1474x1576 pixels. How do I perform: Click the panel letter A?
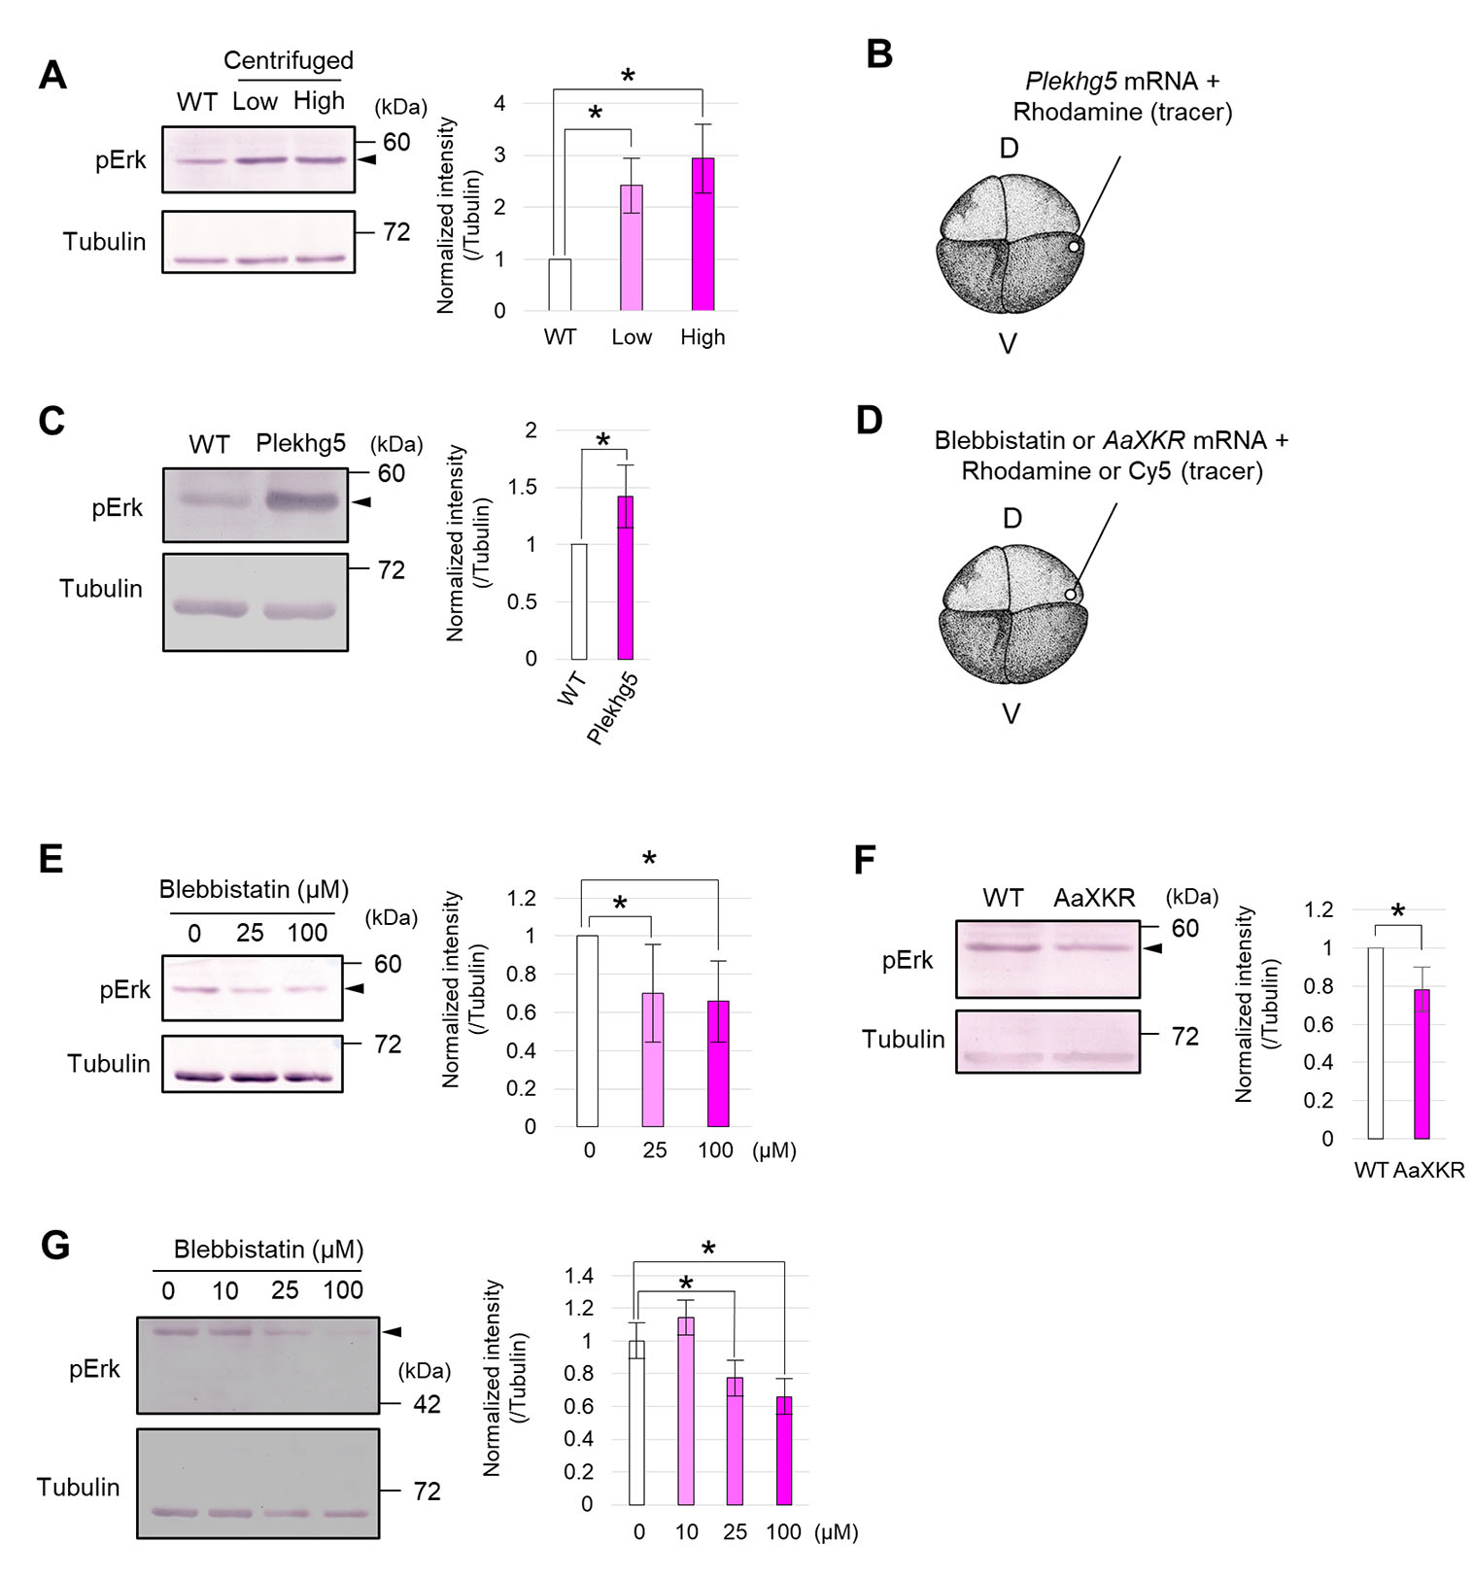52,75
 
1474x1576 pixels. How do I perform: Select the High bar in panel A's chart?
703,235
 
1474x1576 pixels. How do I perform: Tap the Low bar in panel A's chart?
632,249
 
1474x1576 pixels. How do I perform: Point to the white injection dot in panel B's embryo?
1074,247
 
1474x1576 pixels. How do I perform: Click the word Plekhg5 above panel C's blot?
300,444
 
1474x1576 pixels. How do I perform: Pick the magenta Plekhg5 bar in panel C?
626,578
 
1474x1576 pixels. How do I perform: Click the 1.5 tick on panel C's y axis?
524,487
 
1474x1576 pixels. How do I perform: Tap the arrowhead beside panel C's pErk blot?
361,501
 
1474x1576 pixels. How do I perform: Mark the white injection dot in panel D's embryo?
1070,594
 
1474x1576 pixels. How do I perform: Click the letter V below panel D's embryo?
1011,714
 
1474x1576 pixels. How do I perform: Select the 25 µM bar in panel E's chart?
652,1060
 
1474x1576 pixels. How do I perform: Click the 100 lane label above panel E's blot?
307,933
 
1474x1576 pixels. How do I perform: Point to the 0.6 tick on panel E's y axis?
524,1012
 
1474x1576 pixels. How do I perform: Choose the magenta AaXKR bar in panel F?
1422,1064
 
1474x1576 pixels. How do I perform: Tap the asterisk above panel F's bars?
1397,911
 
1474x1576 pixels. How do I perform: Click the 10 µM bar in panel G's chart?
686,1411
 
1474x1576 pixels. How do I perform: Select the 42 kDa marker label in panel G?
427,1404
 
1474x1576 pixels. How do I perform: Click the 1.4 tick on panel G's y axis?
579,1276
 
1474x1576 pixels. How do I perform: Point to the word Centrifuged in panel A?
289,60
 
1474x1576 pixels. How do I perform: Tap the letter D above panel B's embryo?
1010,148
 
